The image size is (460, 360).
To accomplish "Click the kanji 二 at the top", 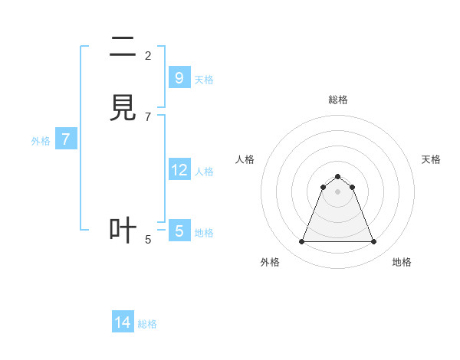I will pyautogui.click(x=123, y=47).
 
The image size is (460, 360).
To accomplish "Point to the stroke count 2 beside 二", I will pyautogui.click(x=148, y=55).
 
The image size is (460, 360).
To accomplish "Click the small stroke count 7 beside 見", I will pyautogui.click(x=148, y=117).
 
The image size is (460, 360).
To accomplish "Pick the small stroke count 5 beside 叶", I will pyautogui.click(x=148, y=240).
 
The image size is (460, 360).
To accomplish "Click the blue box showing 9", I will pyautogui.click(x=179, y=78).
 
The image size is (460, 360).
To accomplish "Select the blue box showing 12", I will pyautogui.click(x=179, y=170).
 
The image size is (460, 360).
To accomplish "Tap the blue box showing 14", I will pyautogui.click(x=123, y=322).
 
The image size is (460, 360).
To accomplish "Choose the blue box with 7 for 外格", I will pyautogui.click(x=66, y=139).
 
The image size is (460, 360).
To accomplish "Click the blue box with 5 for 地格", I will pyautogui.click(x=179, y=231).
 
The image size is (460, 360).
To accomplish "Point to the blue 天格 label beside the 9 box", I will pyautogui.click(x=204, y=80).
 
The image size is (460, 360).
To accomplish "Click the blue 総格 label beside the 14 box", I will pyautogui.click(x=147, y=324).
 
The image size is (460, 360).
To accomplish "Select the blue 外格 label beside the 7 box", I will pyautogui.click(x=41, y=141).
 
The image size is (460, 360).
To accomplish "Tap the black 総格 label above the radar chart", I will pyautogui.click(x=338, y=100).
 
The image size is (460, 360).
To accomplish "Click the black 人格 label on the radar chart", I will pyautogui.click(x=245, y=159).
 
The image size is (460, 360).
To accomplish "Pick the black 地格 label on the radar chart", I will pyautogui.click(x=402, y=262).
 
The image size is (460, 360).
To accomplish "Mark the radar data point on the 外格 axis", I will pyautogui.click(x=301, y=242).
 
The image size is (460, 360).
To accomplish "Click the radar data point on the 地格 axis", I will pyautogui.click(x=374, y=242).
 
